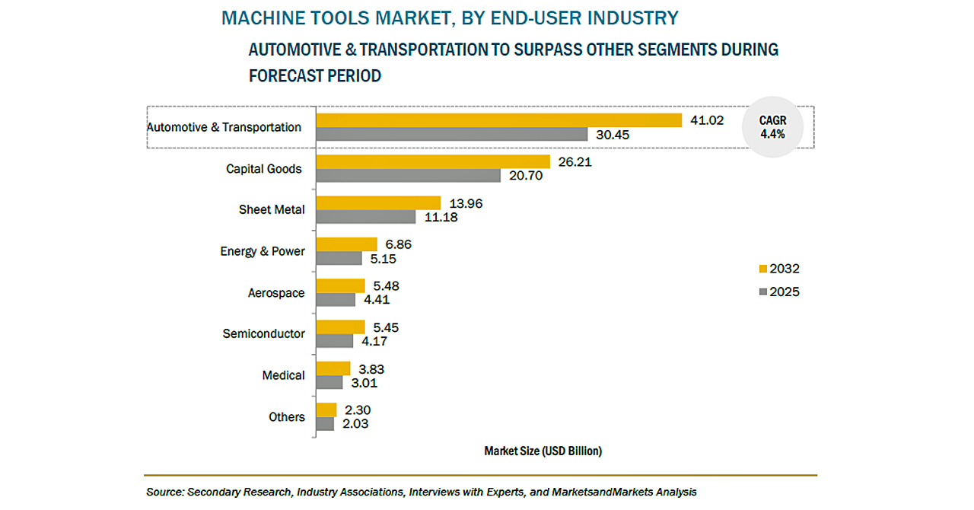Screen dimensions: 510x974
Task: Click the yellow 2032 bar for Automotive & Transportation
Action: point(498,120)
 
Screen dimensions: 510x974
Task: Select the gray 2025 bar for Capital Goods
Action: point(409,175)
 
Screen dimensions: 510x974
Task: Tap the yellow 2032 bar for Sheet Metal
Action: point(378,202)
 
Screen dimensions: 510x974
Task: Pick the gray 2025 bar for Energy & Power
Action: point(339,258)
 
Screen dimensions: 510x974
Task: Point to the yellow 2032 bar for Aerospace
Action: point(340,285)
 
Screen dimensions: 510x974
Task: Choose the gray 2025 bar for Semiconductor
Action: point(334,341)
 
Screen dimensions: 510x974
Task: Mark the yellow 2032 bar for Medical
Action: point(333,368)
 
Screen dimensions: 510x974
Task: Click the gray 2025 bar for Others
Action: point(325,424)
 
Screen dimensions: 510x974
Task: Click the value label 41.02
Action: point(707,120)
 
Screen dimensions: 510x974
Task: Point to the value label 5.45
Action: point(384,327)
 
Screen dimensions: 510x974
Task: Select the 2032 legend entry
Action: point(779,269)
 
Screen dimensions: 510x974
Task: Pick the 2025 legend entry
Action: point(779,292)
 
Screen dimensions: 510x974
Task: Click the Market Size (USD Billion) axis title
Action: point(543,451)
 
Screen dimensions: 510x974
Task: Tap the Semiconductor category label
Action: point(263,333)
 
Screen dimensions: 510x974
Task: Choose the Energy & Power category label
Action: point(263,251)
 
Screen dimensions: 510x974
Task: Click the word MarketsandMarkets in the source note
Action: point(586,492)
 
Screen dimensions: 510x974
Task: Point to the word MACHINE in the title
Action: point(258,17)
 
